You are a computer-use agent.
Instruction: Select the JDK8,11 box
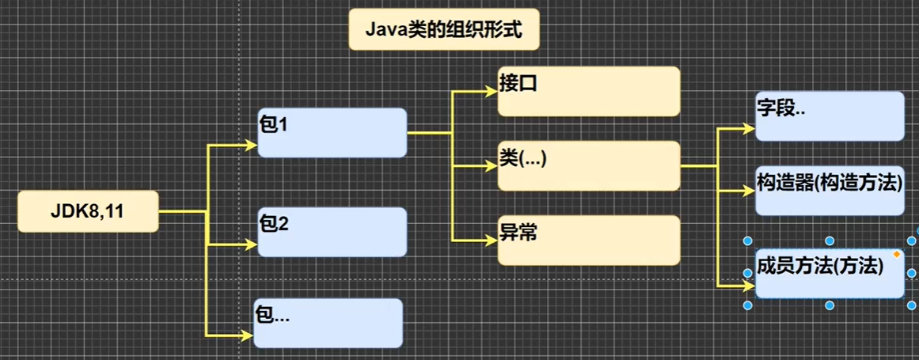[88, 211]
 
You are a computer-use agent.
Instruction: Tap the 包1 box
[332, 132]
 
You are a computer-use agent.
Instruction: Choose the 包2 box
[332, 232]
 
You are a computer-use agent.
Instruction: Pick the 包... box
[328, 323]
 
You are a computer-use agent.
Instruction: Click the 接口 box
[588, 91]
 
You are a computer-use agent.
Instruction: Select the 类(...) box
[588, 165]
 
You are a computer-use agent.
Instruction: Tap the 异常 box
[588, 240]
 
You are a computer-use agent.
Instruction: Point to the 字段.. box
[829, 116]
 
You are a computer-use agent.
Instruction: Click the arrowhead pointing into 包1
[253, 146]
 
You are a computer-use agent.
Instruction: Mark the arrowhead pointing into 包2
[253, 242]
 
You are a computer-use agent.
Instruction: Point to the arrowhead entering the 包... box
[247, 334]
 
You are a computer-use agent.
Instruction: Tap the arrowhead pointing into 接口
[492, 91]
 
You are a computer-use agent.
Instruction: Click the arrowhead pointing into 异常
[492, 239]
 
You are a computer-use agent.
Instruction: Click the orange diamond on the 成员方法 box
[896, 254]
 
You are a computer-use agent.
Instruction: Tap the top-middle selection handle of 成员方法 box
[829, 241]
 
